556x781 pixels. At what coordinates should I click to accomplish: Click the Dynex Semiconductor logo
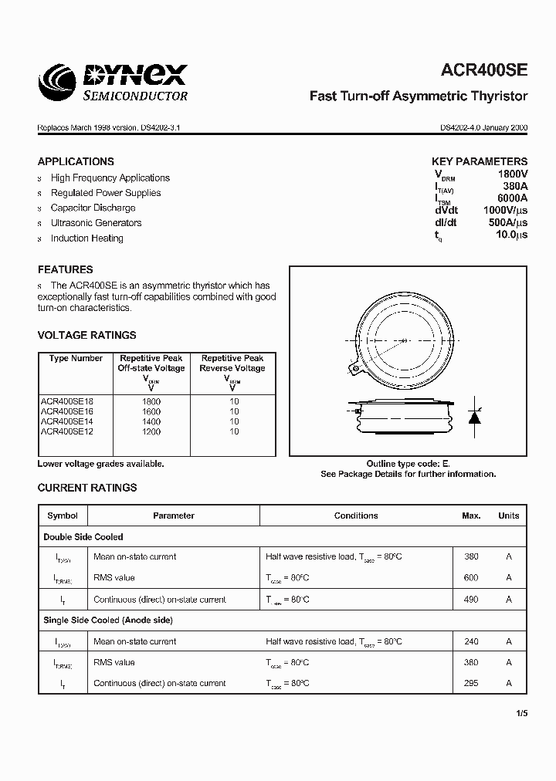tap(114, 82)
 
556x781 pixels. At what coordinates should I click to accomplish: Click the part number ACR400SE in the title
tap(484, 70)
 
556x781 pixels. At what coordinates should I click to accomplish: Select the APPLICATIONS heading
tap(76, 161)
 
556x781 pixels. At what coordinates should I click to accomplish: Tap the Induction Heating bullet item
tap(86, 238)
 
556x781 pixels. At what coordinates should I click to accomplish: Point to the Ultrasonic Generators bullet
tap(96, 223)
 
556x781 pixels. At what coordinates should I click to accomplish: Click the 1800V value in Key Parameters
tap(512, 175)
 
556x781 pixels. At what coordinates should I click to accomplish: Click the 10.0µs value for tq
tap(511, 235)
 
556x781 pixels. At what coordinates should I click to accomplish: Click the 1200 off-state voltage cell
tap(151, 431)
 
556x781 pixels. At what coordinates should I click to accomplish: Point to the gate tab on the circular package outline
tap(356, 368)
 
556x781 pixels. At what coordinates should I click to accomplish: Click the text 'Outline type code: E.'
tap(408, 464)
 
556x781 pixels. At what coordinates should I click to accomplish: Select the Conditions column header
tap(356, 516)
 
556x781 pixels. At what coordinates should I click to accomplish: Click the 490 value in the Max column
tap(471, 599)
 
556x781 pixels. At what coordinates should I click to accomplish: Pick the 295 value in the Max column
tap(471, 683)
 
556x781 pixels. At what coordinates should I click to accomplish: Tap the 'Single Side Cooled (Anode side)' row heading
tap(108, 620)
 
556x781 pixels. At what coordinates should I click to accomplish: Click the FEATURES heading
tap(65, 269)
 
